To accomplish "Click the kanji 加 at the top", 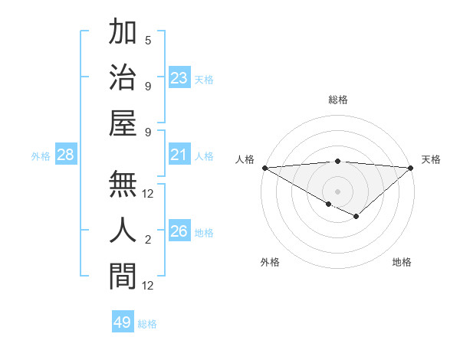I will [123, 34].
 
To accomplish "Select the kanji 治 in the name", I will [123, 77].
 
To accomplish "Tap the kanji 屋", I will [123, 122].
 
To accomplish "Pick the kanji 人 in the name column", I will [123, 230].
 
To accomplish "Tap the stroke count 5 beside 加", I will [148, 40].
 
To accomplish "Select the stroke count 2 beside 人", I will [148, 241].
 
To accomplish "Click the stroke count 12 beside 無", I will [148, 194].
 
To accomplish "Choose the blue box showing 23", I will [179, 78].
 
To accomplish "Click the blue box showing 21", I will [179, 155].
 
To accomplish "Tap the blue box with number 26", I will [179, 232].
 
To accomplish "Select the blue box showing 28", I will [66, 155].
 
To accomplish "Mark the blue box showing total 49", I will [123, 322].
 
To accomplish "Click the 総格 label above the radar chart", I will [337, 100].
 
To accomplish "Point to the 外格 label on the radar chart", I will [270, 262].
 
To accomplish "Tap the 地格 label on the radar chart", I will [402, 262].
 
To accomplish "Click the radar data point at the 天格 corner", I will [411, 168].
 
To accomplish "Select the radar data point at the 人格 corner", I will [264, 168].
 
